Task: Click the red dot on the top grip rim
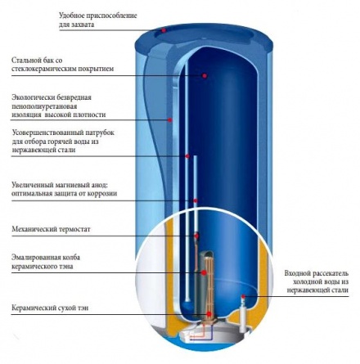pos(164,30)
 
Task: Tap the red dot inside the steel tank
pos(205,75)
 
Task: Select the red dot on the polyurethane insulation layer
pos(169,119)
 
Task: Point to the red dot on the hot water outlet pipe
pos(187,156)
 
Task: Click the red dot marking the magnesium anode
pos(196,201)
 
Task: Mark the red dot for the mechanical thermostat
pos(196,236)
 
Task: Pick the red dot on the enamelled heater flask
pos(204,272)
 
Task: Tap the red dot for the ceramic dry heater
pos(209,314)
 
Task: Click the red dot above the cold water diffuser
pos(243,296)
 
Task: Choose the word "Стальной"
pos(25,60)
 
